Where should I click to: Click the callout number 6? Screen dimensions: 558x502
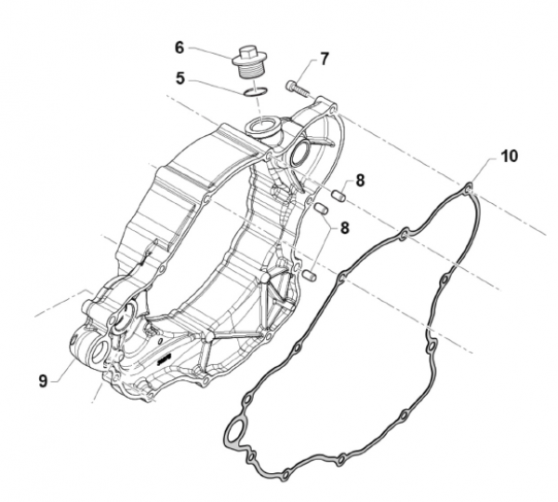[x=179, y=47]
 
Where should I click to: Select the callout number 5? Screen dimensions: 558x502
[x=180, y=79]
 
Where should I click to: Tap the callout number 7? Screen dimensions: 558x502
[x=325, y=60]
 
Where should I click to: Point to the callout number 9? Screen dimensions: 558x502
[x=43, y=381]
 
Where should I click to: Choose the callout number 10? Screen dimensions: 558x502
[x=510, y=156]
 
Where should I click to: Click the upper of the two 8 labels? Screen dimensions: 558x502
[x=360, y=181]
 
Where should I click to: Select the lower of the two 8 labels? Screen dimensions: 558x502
[x=344, y=228]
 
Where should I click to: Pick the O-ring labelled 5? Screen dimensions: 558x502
[x=255, y=92]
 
